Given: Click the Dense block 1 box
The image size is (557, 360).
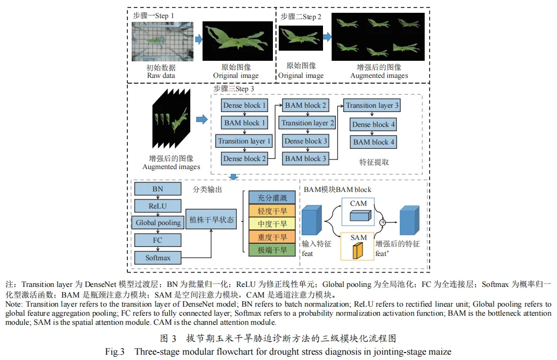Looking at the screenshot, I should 245,106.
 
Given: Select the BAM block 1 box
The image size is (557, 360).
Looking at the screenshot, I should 245,123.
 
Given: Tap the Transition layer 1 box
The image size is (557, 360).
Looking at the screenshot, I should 245,141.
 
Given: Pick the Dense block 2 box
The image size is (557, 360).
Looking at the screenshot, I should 245,158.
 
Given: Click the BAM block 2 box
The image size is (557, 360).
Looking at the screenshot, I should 306,106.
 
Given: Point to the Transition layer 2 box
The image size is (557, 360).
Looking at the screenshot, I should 308,123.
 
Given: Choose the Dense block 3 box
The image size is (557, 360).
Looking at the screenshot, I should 306,141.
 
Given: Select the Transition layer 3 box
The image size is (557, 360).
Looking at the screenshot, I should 372,106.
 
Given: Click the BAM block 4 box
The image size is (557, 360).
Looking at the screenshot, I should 374,142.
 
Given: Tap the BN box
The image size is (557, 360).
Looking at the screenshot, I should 157,189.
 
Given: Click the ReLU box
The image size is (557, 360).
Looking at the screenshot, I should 157,205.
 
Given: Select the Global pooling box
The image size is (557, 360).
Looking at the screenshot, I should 158,222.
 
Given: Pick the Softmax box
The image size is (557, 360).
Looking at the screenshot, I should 158,258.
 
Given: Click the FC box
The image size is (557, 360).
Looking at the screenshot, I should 157,240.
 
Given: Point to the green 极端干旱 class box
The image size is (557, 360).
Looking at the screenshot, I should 272,250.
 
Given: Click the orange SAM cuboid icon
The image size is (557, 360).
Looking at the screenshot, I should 358,251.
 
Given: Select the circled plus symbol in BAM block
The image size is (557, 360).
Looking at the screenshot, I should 382,221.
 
